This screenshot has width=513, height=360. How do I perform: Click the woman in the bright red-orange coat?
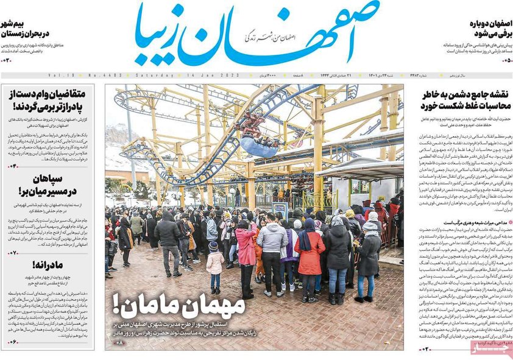pos(310,256)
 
